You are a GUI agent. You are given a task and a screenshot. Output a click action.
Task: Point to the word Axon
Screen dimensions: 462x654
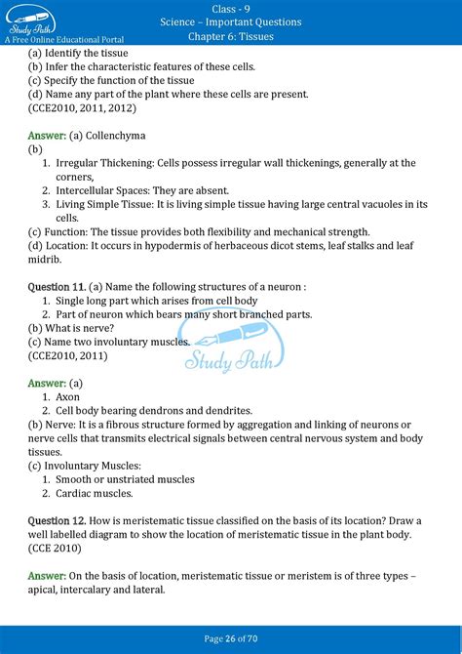click(x=68, y=397)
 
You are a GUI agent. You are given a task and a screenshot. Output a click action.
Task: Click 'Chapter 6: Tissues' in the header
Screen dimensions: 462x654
click(x=230, y=36)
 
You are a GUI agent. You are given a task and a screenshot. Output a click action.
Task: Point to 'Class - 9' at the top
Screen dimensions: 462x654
click(x=231, y=8)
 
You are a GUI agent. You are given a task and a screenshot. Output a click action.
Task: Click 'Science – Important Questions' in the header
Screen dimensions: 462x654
click(x=231, y=21)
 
